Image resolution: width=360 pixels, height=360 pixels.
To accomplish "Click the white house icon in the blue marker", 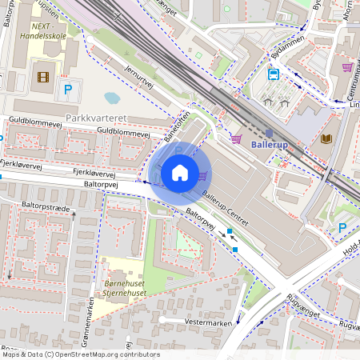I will coord(180,173).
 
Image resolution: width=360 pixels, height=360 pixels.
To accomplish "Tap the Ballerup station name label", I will coord(274,146).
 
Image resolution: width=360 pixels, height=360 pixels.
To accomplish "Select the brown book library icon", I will coord(326,139).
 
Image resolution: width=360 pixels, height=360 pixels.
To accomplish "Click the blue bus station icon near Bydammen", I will coord(274,74).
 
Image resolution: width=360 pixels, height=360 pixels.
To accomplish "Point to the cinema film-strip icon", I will coord(42,78).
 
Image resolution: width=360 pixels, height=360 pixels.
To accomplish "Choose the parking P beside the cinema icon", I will coord(68,90).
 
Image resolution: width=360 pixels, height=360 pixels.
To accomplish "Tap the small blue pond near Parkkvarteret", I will coord(112,98).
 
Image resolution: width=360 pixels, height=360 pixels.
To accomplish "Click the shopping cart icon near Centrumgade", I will coord(347,67).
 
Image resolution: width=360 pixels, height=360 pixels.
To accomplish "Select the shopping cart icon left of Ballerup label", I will coord(237,138).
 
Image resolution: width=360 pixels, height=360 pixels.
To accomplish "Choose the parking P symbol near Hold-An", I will coord(343,228).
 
